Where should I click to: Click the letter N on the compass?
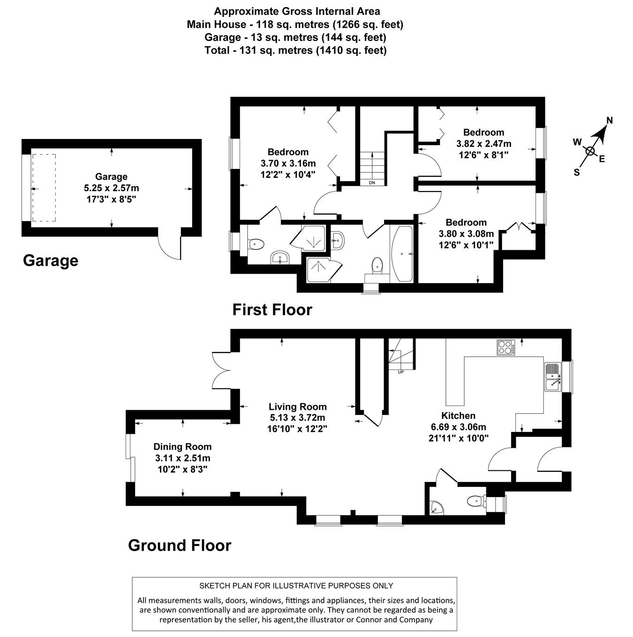(610, 121)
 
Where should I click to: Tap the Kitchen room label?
(458, 415)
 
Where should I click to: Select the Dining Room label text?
(182, 447)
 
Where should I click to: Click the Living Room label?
(297, 407)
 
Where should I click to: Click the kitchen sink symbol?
(554, 377)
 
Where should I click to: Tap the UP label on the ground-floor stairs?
(400, 372)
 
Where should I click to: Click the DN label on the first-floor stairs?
(372, 183)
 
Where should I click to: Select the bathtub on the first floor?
(402, 254)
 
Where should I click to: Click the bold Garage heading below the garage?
(51, 260)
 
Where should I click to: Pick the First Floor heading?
(272, 310)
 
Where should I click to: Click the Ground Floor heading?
(180, 545)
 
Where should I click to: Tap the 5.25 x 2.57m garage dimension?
(111, 188)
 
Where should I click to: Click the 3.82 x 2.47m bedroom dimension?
(483, 144)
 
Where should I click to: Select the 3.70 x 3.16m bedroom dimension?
(288, 163)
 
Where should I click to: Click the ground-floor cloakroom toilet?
(475, 501)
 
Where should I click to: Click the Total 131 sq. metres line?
(295, 50)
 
